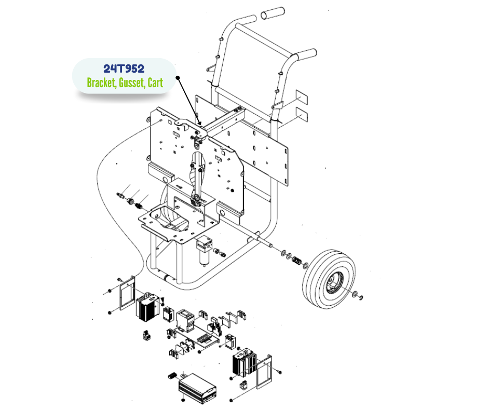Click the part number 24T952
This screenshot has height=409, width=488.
click(124, 69)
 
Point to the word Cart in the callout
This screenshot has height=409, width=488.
click(155, 83)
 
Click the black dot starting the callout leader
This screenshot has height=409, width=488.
click(178, 77)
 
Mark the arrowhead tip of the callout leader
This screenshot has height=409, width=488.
click(201, 125)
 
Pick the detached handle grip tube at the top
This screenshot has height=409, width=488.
click(273, 13)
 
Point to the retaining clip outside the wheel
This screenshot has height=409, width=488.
click(361, 298)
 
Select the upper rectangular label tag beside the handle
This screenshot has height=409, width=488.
click(302, 97)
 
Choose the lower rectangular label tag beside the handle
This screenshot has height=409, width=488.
click(302, 114)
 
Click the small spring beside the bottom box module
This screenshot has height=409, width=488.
click(172, 376)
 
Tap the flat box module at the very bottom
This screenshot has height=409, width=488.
click(197, 388)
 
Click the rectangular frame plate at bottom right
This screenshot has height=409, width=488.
click(264, 372)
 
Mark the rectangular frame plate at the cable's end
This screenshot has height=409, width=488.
click(127, 293)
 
